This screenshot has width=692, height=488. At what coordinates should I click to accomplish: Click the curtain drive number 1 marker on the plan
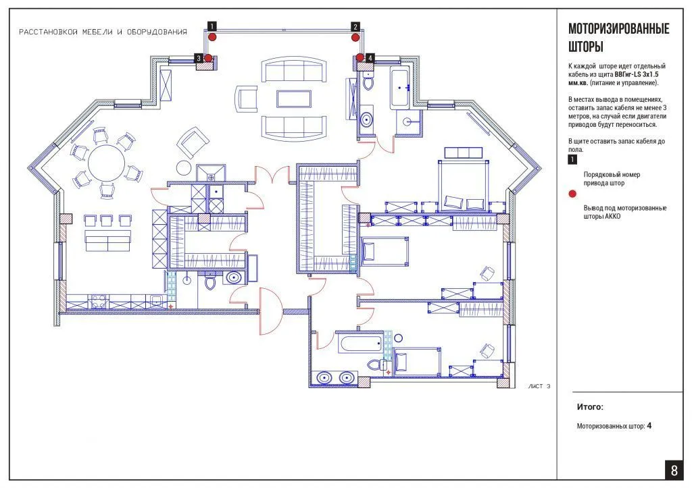click(x=212, y=26)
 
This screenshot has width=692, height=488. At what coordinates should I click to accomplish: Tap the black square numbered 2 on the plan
click(x=355, y=27)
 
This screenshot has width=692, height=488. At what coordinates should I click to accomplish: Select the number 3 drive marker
click(x=199, y=58)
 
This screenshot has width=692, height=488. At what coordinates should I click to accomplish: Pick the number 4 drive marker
click(x=370, y=58)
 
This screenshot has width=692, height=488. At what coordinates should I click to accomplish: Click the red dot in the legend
click(x=572, y=194)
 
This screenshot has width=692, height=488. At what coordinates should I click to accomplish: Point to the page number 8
click(x=674, y=470)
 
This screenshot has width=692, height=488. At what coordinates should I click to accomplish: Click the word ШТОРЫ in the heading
click(x=586, y=47)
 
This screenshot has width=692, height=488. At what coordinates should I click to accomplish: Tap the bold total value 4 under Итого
click(x=649, y=426)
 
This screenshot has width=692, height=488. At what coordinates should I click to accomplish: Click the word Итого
click(x=589, y=407)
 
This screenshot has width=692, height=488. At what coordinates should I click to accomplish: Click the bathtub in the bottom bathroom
click(x=360, y=344)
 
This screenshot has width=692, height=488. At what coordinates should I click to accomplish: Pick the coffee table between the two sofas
click(x=293, y=99)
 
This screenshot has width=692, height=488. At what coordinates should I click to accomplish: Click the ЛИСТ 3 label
click(x=539, y=386)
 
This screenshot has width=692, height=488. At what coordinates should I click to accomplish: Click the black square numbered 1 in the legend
click(x=572, y=159)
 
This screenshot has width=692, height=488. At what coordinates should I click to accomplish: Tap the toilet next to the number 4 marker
click(x=368, y=82)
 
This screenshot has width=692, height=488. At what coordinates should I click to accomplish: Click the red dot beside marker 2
click(x=355, y=38)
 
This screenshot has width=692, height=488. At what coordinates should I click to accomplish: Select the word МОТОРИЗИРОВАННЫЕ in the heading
click(x=619, y=28)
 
